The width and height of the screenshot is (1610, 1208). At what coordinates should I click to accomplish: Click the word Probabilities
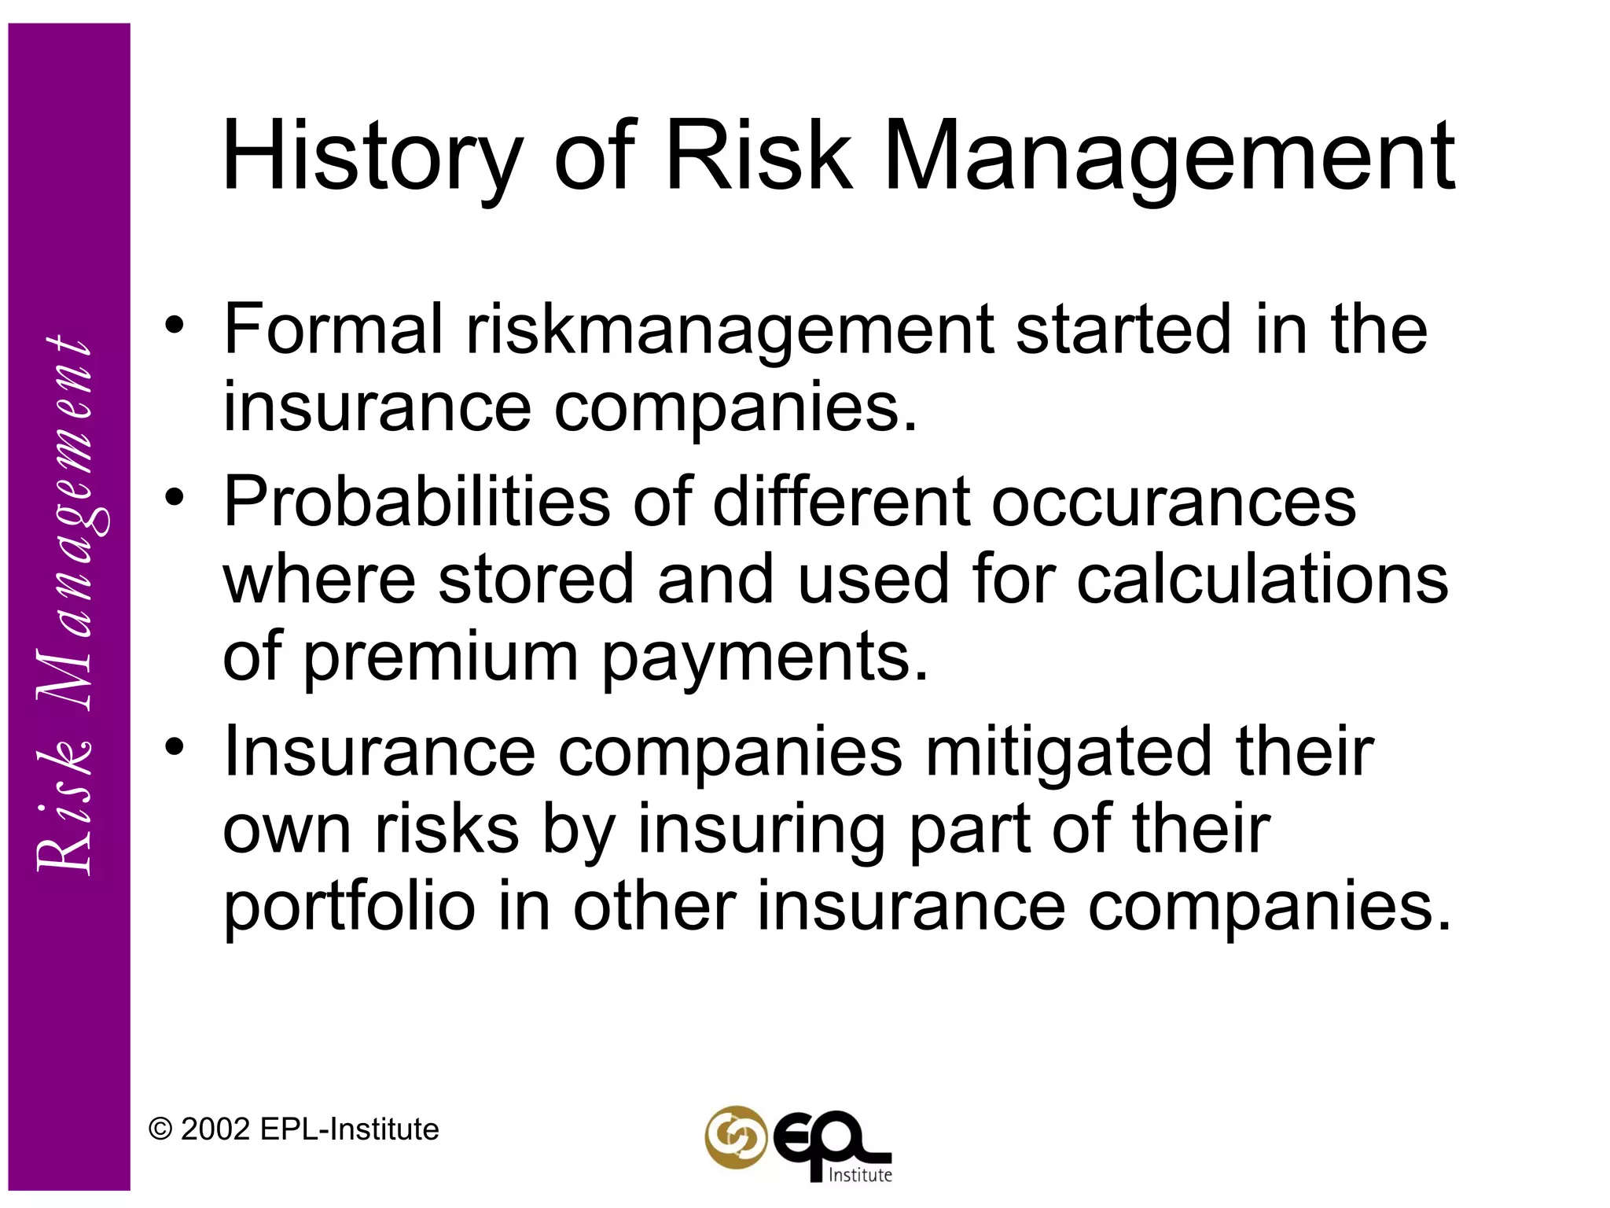point(417,503)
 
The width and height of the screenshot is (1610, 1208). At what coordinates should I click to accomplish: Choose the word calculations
point(1262,580)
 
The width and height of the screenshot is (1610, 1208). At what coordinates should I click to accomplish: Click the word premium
point(441,658)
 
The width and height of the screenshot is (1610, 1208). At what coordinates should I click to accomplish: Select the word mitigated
point(1068,752)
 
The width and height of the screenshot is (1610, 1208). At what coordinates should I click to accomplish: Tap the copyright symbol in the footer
point(160,1129)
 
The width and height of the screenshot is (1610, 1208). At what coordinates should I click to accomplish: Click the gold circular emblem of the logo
point(735,1137)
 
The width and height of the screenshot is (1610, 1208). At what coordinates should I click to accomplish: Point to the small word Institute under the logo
point(861,1175)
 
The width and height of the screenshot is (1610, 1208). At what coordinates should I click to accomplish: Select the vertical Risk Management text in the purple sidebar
point(66,606)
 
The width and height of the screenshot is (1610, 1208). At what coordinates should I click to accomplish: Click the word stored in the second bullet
point(535,580)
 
